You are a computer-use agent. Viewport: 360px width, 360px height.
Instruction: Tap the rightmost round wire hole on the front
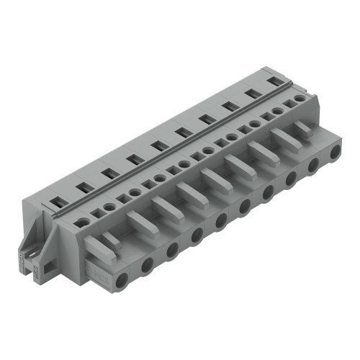click(333, 152)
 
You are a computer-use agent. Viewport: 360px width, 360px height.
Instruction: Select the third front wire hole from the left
click(171, 250)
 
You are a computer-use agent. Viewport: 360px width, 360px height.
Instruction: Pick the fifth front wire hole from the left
click(221, 220)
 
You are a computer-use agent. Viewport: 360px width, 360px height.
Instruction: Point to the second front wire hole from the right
click(312, 164)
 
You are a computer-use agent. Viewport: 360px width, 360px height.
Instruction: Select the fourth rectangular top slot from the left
click(132, 160)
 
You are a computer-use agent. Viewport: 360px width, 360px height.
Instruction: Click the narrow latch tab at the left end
click(108, 240)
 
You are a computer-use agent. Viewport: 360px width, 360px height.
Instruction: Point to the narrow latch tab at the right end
click(302, 127)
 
